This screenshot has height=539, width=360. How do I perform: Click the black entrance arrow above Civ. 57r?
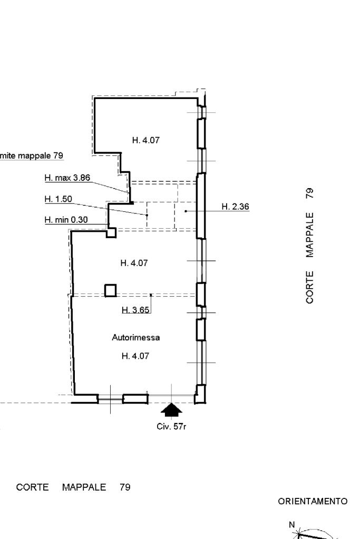[171, 409]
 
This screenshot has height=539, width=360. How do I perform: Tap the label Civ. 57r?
[171, 426]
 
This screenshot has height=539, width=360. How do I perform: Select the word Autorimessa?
[135, 337]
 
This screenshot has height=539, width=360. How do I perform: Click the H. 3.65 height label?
[135, 310]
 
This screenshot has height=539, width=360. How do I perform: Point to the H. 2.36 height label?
[235, 207]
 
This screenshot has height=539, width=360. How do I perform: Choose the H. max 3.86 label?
[67, 178]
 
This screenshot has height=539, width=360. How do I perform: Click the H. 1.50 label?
[58, 199]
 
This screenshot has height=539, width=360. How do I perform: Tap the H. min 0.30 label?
[66, 220]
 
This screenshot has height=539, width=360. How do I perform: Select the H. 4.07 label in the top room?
[145, 140]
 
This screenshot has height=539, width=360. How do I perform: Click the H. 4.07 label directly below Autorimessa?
[135, 356]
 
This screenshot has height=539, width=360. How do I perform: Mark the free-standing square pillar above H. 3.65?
[110, 290]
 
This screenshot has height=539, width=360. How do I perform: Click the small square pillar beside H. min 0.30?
[111, 232]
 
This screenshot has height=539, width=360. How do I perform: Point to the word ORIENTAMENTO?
[313, 502]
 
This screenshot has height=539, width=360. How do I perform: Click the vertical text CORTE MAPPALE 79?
[309, 246]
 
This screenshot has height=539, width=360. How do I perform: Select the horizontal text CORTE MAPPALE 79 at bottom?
[73, 487]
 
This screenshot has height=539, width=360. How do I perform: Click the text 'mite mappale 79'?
[32, 155]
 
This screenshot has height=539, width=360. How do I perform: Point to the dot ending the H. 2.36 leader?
[186, 211]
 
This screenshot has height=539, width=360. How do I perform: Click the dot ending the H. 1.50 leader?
[147, 215]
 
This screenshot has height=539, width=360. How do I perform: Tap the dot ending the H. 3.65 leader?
[151, 295]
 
